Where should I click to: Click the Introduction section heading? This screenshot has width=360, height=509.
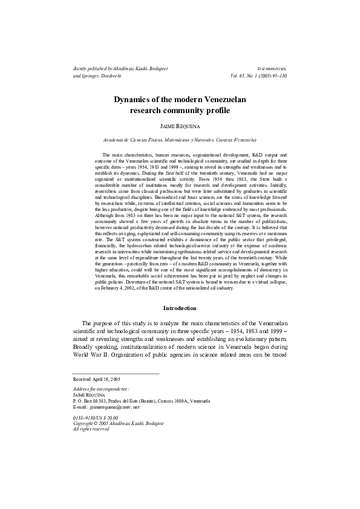pos(180,308)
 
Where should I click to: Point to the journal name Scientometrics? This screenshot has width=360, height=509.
pos(272,70)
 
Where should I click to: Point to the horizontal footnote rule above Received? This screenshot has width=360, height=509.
pos(116,372)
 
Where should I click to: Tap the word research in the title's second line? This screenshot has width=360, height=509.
pos(149,111)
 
